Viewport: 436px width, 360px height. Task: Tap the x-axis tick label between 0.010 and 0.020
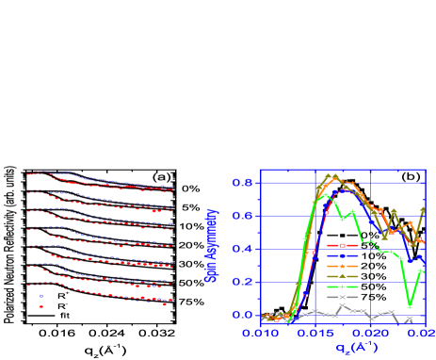pyautogui.click(x=318, y=333)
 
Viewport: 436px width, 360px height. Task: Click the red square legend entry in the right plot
pyautogui.click(x=343, y=245)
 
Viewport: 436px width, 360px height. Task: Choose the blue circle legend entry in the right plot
pyautogui.click(x=343, y=255)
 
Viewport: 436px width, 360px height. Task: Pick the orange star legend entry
pyautogui.click(x=343, y=266)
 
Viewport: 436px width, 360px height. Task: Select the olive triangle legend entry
pyautogui.click(x=343, y=276)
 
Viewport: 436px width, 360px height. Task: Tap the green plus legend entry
pyautogui.click(x=343, y=286)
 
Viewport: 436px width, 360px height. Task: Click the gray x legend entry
pyautogui.click(x=343, y=297)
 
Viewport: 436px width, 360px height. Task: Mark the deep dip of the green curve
pyautogui.click(x=410, y=304)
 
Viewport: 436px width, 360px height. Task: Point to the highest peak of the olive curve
pyautogui.click(x=329, y=175)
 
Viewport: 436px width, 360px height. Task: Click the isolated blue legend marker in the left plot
pyautogui.click(x=40, y=296)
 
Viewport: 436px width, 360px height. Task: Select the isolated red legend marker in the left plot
pyautogui.click(x=40, y=305)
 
